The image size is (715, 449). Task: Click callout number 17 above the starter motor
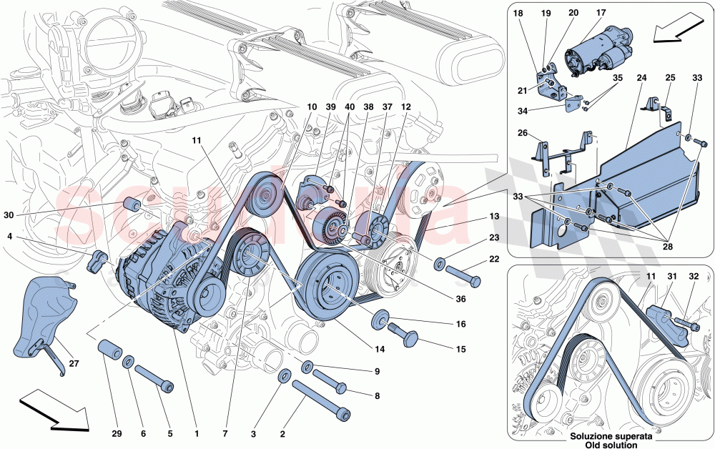pos(601,13)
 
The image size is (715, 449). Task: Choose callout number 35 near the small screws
pos(618,79)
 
